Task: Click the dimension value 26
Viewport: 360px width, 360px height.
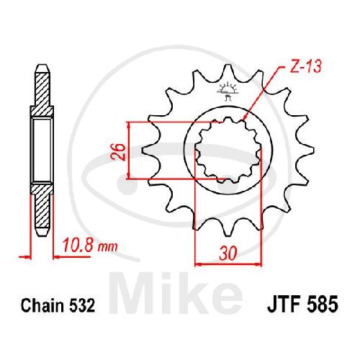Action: click(118, 152)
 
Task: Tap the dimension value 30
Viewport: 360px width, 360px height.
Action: click(228, 253)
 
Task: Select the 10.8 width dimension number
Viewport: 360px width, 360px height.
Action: click(78, 245)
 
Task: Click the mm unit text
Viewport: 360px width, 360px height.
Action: click(107, 247)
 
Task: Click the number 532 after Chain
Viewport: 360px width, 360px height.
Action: click(82, 305)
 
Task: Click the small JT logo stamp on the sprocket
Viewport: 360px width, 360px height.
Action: click(227, 91)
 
